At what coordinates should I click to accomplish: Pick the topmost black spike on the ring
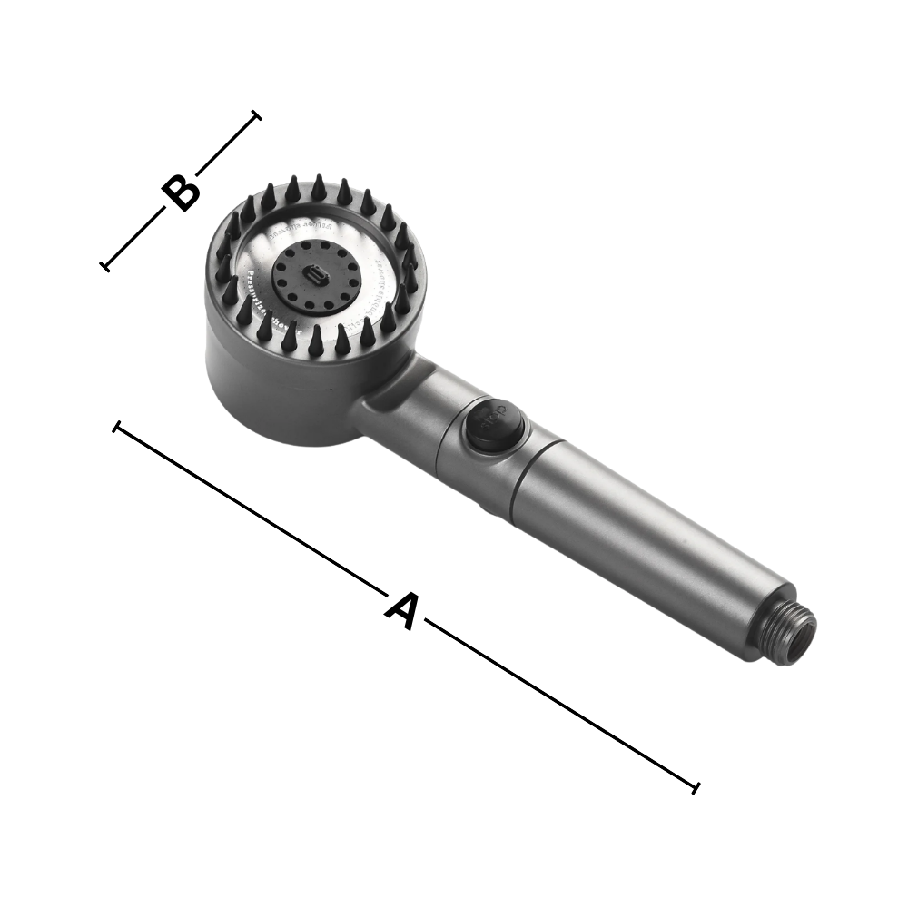321,185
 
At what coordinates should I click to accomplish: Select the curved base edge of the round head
300,445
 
